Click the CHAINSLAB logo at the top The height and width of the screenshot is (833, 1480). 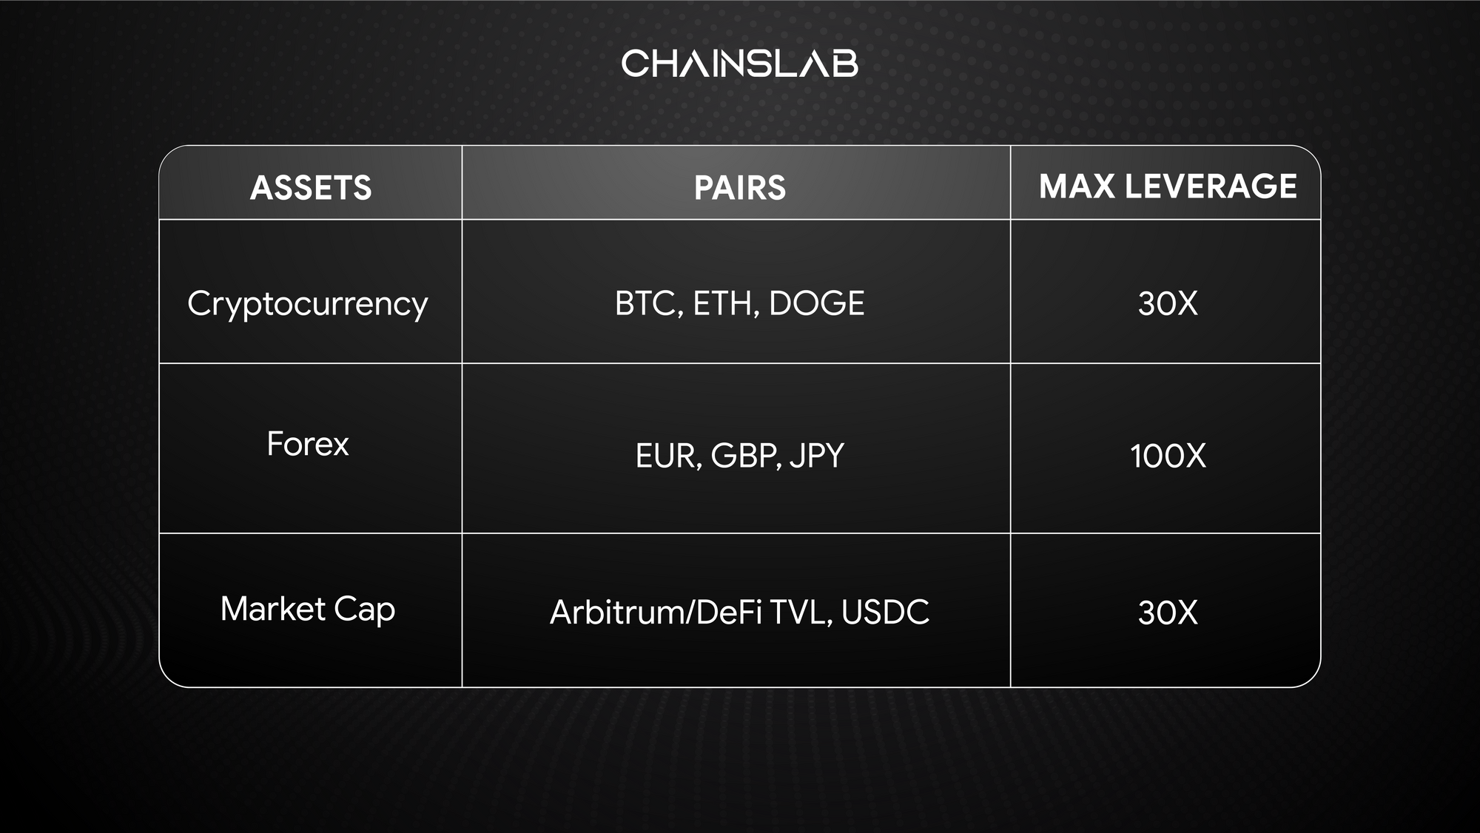point(739,64)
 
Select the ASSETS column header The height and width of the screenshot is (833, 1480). point(311,187)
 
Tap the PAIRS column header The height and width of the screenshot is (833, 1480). point(739,187)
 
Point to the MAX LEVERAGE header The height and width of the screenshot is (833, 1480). point(1168,186)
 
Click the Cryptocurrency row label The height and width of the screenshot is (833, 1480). point(307,304)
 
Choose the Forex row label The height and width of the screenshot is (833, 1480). point(307,444)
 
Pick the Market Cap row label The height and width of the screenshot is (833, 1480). point(307,610)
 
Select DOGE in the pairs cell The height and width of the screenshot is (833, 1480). point(816,303)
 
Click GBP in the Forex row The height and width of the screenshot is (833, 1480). point(744,456)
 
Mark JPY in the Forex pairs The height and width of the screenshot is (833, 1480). point(817,456)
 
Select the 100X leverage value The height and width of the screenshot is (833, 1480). point(1168,456)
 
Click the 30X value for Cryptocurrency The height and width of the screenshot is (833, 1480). point(1168,303)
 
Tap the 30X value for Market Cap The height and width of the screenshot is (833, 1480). point(1168,613)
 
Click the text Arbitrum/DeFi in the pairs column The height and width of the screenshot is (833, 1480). point(656,613)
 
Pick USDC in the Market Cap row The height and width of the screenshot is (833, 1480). point(885,613)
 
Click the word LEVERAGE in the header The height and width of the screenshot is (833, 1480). point(1211,186)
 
